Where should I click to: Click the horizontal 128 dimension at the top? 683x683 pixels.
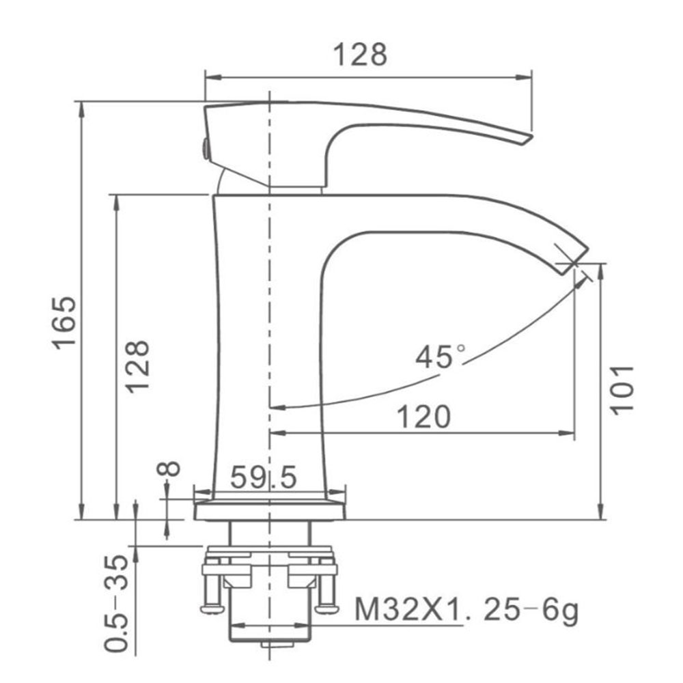[360, 55]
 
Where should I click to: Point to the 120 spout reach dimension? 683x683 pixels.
[424, 417]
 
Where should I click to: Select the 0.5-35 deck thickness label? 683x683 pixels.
[117, 603]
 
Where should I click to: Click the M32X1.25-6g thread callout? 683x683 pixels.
[466, 610]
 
